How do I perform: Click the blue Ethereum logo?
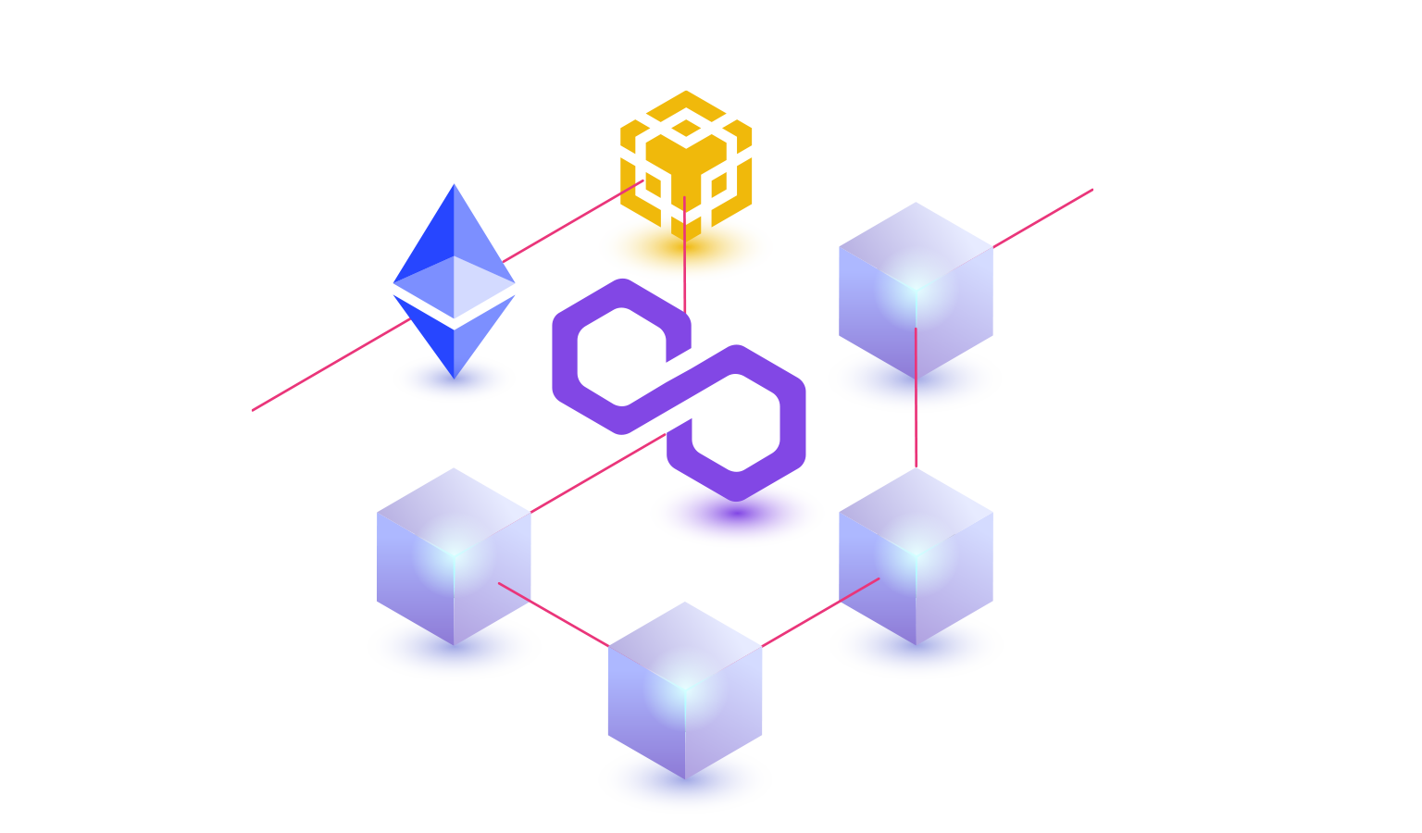click(x=454, y=278)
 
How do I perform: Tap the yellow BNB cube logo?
click(x=685, y=157)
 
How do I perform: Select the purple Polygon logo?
click(x=679, y=389)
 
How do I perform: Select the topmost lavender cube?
click(x=916, y=287)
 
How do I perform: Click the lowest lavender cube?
click(x=685, y=690)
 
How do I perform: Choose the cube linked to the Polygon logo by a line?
click(x=454, y=555)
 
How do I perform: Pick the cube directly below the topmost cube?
click(x=916, y=555)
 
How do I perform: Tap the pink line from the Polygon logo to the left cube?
click(x=597, y=473)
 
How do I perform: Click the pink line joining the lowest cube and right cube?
click(x=819, y=612)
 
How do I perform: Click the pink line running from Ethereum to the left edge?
click(x=324, y=368)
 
